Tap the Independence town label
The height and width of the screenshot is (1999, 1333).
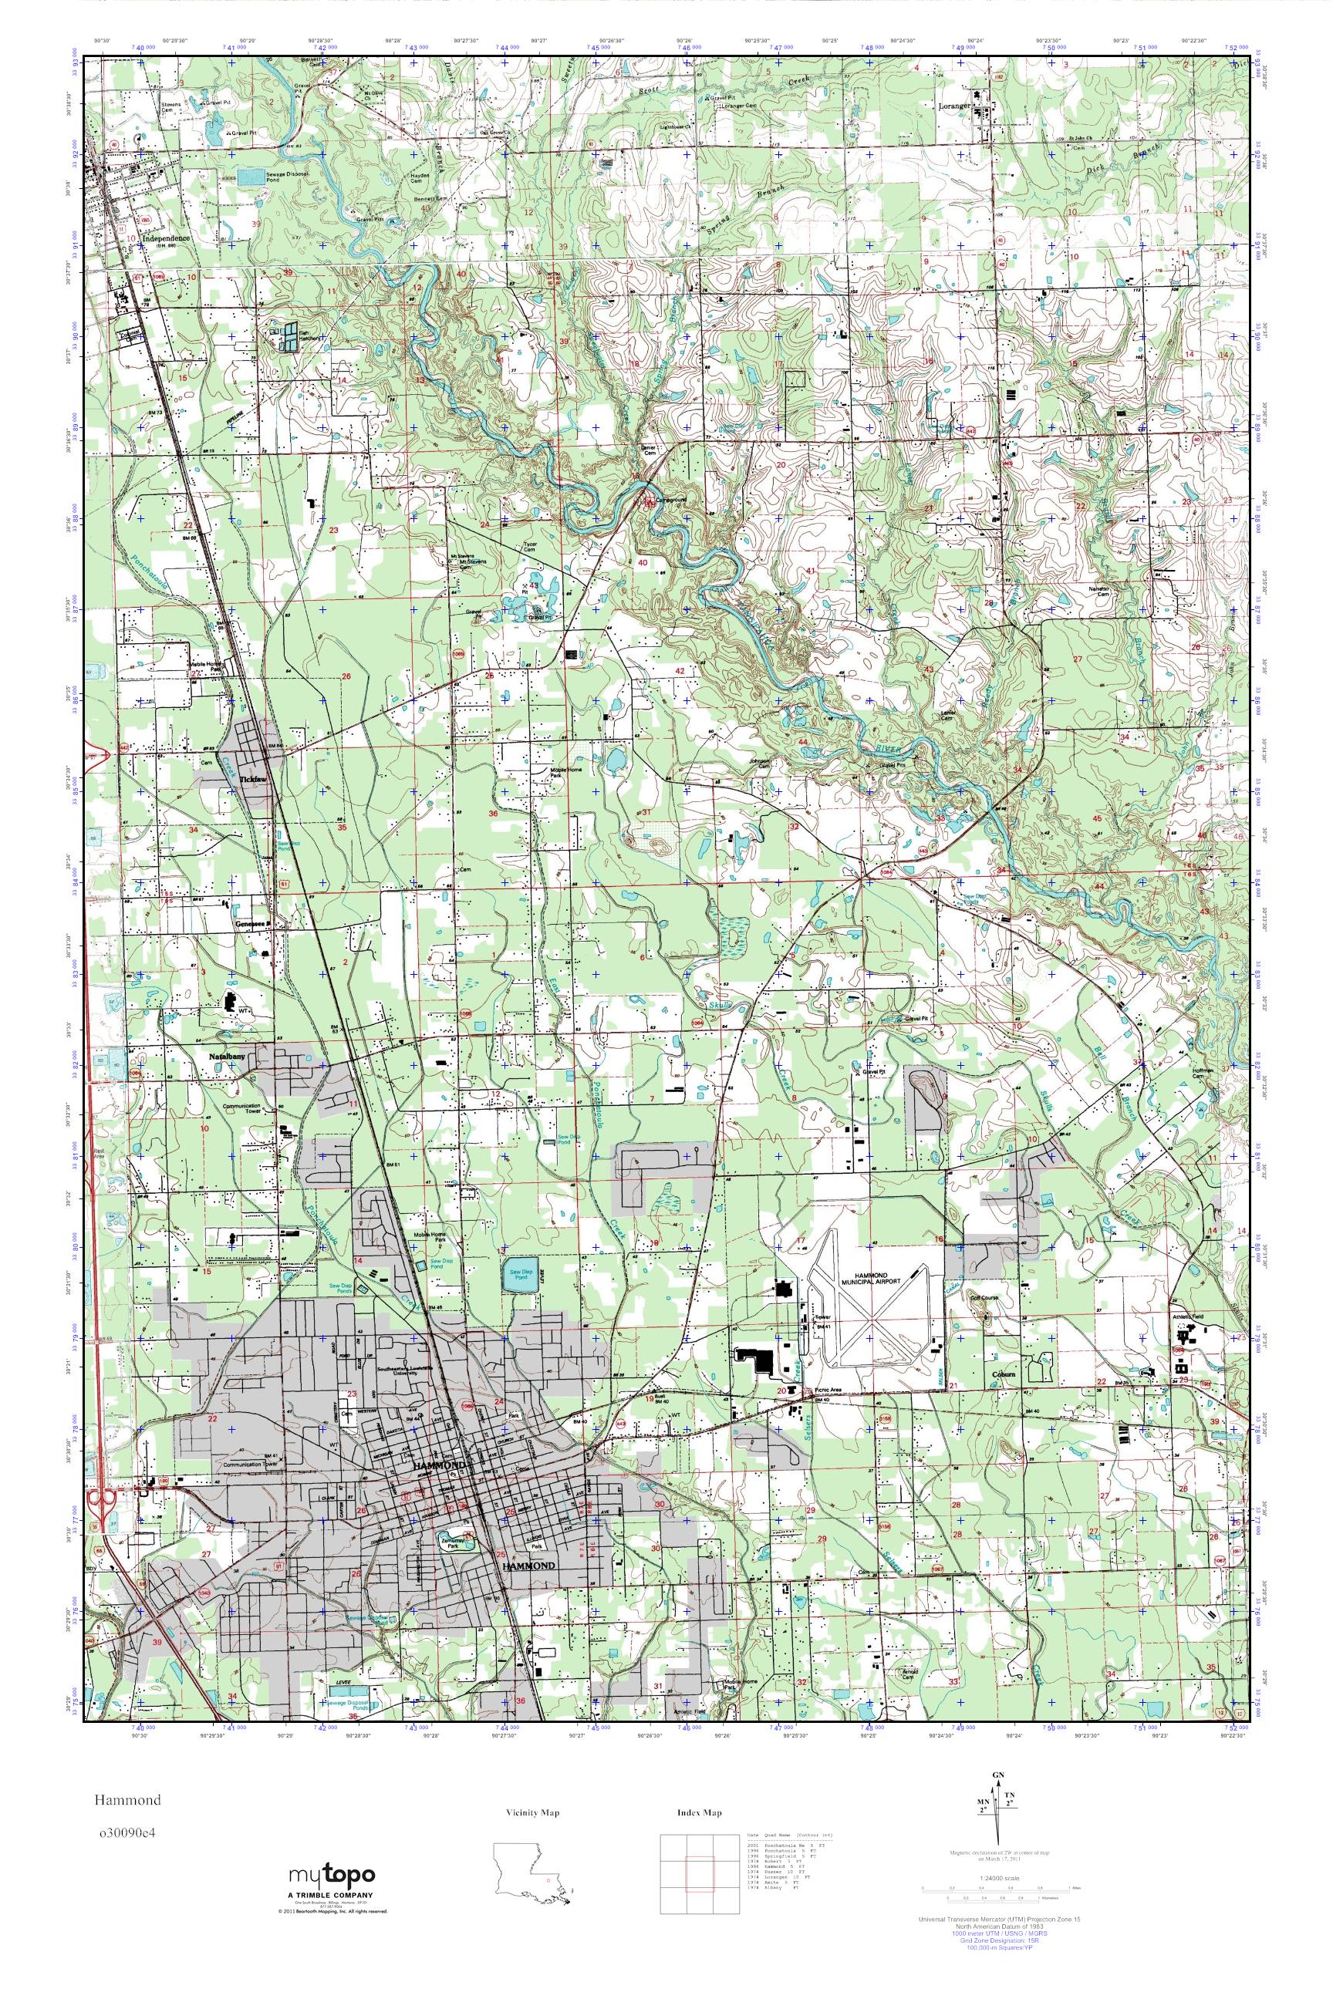click(166, 238)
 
